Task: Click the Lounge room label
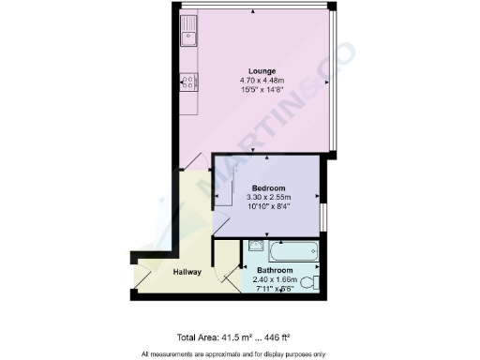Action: click(x=262, y=71)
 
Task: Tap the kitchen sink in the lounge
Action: click(x=188, y=31)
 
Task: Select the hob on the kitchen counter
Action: click(x=188, y=82)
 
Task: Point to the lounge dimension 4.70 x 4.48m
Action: click(x=262, y=82)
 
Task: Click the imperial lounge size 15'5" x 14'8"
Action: click(x=262, y=91)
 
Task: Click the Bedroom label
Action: click(x=268, y=188)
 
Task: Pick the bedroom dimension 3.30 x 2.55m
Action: click(x=268, y=198)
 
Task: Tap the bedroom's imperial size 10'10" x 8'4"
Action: click(x=268, y=207)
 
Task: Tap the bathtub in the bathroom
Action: click(x=288, y=252)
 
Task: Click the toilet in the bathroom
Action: click(x=314, y=281)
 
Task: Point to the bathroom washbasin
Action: click(x=255, y=247)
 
